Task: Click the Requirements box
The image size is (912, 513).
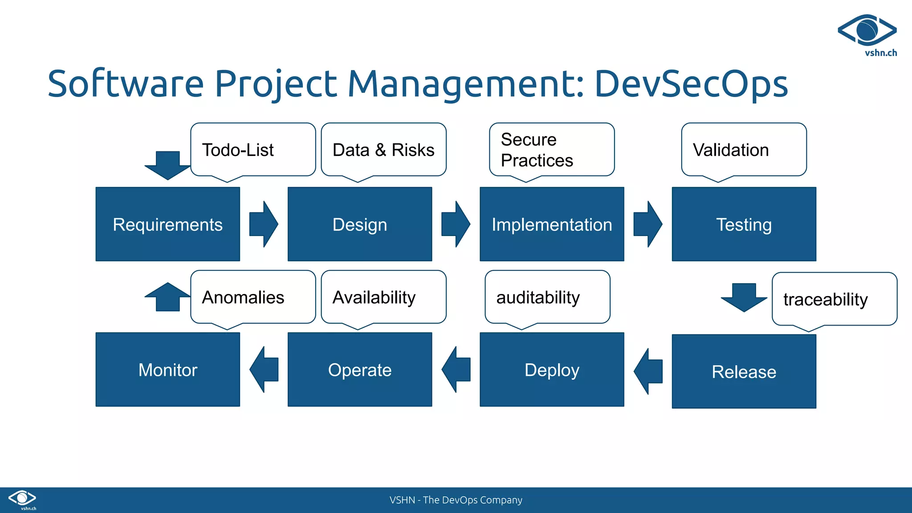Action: pos(167,224)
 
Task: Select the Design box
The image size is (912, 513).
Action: pos(359,224)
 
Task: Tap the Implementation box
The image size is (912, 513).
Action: pos(551,224)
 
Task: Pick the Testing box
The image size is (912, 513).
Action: pos(744,224)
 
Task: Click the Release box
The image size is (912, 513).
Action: pos(744,371)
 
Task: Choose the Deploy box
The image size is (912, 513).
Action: pos(551,370)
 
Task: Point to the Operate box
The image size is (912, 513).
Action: pos(359,370)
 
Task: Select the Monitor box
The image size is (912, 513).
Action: pos(167,370)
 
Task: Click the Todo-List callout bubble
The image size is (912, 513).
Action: pos(252,150)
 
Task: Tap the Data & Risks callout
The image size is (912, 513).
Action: pos(383,150)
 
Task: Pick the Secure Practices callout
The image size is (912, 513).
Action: pos(551,150)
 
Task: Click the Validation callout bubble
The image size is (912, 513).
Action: pos(744,150)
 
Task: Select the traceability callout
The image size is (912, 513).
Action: pos(834,299)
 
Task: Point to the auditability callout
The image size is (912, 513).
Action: pos(547,297)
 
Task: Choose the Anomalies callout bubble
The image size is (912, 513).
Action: pos(252,297)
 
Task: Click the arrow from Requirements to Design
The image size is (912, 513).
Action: pos(264,224)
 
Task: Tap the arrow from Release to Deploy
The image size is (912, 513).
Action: pos(648,371)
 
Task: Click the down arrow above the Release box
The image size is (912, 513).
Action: pos(744,297)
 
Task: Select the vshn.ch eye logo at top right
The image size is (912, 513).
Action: pos(867,30)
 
